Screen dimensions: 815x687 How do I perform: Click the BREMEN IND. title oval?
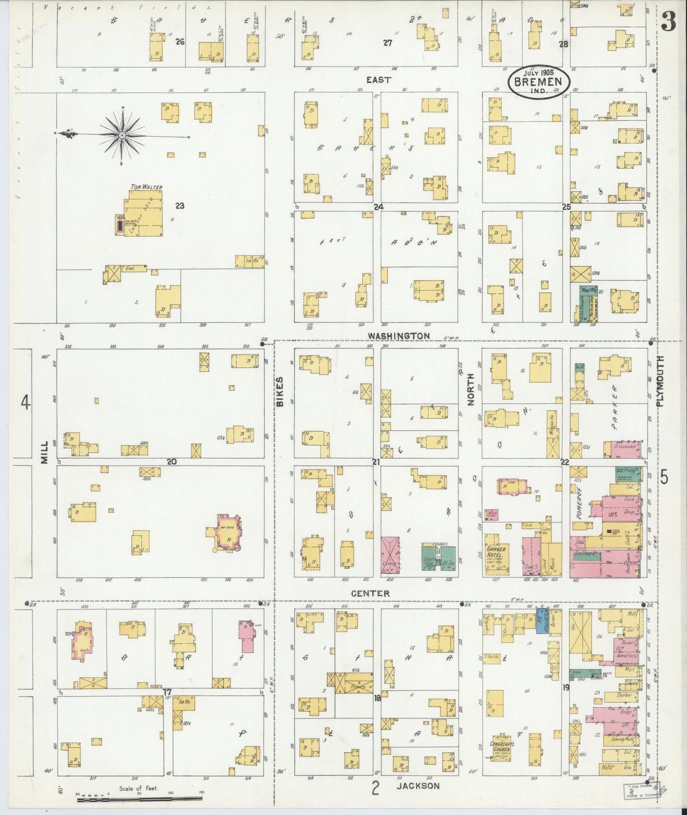pyautogui.click(x=534, y=81)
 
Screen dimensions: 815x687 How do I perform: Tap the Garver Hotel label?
pyautogui.click(x=496, y=552)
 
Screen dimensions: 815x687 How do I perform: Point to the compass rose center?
pyautogui.click(x=123, y=136)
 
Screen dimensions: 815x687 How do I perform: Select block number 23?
pyautogui.click(x=179, y=206)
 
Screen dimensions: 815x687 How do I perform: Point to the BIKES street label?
pyautogui.click(x=280, y=391)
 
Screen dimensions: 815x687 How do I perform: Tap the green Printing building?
pyautogui.click(x=628, y=472)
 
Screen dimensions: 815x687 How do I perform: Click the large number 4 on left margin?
pyautogui.click(x=25, y=403)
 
